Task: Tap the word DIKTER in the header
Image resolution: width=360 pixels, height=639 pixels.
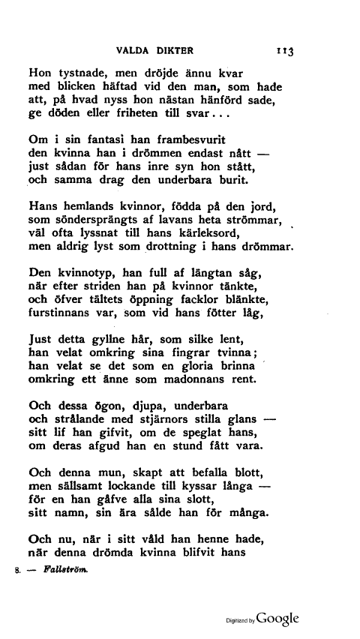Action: [176, 51]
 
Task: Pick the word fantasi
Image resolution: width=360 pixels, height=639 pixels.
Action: [100, 139]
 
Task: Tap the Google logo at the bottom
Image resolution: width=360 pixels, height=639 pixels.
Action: [282, 620]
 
